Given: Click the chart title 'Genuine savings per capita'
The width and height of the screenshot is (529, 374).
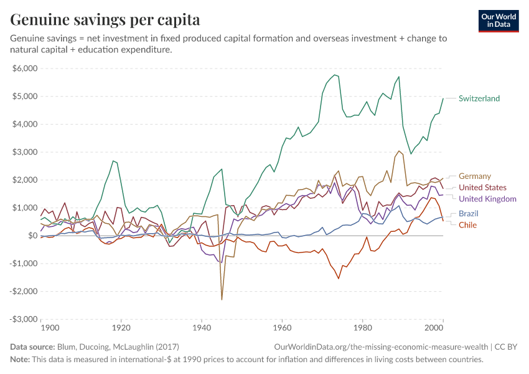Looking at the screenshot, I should (x=105, y=19).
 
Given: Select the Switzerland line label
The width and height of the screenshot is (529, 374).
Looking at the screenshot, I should (x=479, y=98).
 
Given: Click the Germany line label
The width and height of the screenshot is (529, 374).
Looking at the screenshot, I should (x=474, y=176).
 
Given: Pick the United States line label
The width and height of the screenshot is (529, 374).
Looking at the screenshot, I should (x=482, y=188).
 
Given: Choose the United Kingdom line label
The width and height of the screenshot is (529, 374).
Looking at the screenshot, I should (x=487, y=199).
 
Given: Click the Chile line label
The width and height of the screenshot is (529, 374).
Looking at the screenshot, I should (x=467, y=225).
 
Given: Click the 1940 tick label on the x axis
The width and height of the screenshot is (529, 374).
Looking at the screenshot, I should (x=201, y=327).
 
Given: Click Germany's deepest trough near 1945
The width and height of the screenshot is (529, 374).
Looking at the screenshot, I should (x=222, y=300).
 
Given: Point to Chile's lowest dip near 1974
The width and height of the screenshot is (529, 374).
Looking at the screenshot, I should (x=339, y=278).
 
